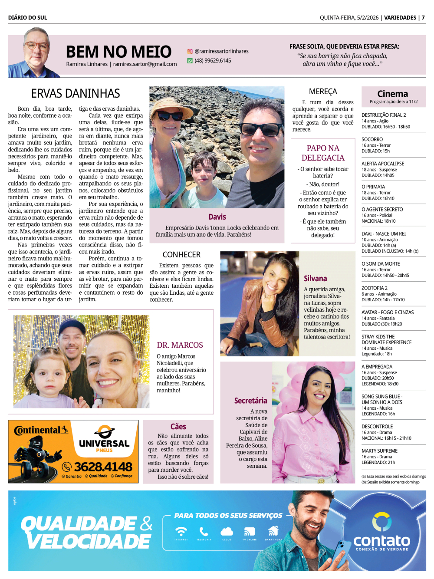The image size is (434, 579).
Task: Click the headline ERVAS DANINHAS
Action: [x=76, y=93]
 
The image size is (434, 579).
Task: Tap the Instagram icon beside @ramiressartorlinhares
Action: [x=190, y=51]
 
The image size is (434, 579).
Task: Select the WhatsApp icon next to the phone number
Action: [x=190, y=61]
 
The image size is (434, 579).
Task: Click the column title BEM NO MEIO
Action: [x=118, y=52]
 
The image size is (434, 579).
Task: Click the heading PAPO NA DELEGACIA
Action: [x=323, y=153]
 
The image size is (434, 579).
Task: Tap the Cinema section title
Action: [x=392, y=94]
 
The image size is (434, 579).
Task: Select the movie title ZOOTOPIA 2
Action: [x=375, y=288]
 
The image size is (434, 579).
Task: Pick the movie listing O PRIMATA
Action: [x=373, y=187]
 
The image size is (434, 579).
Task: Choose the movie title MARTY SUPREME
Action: [x=379, y=451]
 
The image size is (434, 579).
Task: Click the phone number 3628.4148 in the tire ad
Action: [x=103, y=467]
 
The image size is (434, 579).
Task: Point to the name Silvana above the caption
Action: [x=316, y=279]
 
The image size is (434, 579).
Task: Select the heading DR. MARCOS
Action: [x=180, y=345]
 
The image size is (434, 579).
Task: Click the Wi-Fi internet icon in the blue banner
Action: [x=181, y=531]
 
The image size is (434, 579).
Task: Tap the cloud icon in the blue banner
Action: [x=227, y=531]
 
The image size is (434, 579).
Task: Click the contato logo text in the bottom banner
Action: [x=381, y=541]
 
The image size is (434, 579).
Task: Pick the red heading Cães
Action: [x=178, y=427]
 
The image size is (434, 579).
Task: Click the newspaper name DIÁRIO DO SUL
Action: [x=27, y=17]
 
